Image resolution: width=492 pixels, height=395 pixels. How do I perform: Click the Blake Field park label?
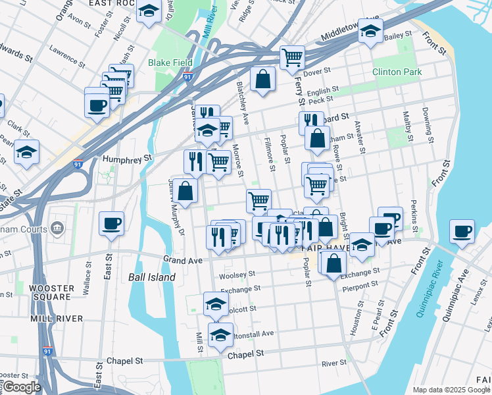(170, 63)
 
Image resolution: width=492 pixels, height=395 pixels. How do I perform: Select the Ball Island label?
(152, 277)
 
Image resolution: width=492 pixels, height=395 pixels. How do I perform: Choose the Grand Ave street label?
(182, 261)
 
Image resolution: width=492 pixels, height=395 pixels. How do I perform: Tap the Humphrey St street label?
(128, 158)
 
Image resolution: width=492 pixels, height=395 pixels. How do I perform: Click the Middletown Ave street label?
(349, 30)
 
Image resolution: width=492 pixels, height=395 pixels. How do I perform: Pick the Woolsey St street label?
(237, 274)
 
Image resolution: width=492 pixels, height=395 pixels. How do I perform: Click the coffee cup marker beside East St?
(111, 223)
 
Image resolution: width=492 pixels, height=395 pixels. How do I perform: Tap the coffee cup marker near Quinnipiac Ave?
(462, 231)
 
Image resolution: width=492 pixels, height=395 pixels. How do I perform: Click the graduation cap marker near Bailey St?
(370, 31)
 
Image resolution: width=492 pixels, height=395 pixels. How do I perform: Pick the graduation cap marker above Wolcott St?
(216, 303)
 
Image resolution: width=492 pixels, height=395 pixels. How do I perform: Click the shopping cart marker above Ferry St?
(292, 57)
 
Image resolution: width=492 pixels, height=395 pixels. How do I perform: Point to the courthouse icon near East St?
(57, 228)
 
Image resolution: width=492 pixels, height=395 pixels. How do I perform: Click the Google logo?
(21, 387)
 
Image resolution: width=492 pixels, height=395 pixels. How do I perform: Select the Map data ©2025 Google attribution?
(451, 390)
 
